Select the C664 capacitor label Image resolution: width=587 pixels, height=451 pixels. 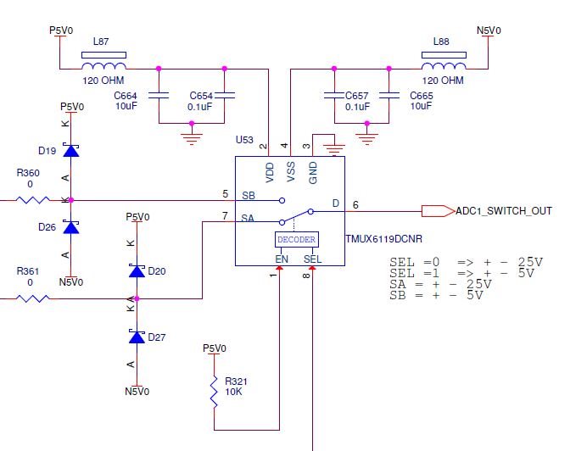pos(126,96)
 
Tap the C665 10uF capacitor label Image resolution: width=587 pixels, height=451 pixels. pos(422,96)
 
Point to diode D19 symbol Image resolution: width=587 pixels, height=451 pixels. pos(71,151)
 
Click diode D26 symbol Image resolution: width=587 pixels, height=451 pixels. pos(71,227)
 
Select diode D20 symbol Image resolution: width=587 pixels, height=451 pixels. pos(136,270)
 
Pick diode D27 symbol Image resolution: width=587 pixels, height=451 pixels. pos(136,337)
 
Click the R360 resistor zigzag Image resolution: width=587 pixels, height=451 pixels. pos(32,201)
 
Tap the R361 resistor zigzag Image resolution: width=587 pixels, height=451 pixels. pos(32,298)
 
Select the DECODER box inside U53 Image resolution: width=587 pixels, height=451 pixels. pos(295,240)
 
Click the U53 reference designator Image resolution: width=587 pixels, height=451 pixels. pos(244,138)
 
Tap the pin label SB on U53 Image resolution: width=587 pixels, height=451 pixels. pos(249,195)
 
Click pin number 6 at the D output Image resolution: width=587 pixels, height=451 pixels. pos(355,204)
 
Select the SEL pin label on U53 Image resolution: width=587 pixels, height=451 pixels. pos(312,258)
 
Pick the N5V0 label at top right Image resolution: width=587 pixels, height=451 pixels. pos(489,31)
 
